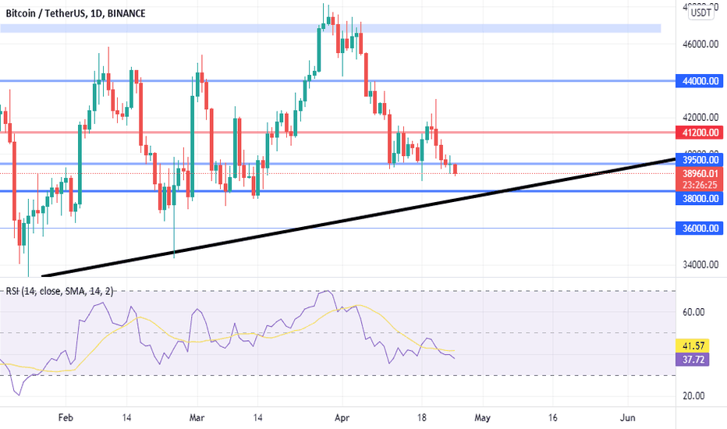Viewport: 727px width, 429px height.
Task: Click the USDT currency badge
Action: click(701, 12)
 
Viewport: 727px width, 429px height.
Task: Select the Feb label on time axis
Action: click(66, 418)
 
